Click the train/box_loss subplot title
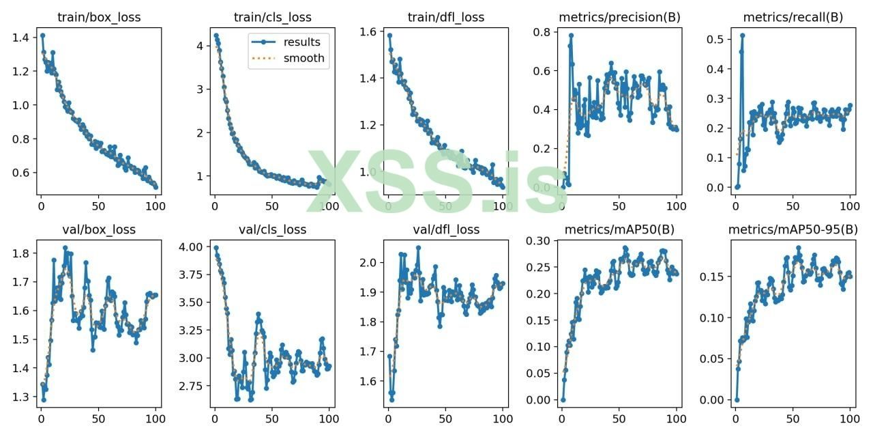[98, 17]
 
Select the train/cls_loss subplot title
[271, 17]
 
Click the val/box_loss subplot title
[98, 229]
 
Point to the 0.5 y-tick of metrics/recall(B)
[715, 39]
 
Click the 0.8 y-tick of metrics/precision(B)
[542, 32]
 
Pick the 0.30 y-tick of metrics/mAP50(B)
[538, 240]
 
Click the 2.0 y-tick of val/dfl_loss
[369, 262]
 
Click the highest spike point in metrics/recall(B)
[743, 36]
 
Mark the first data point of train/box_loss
[42, 36]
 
